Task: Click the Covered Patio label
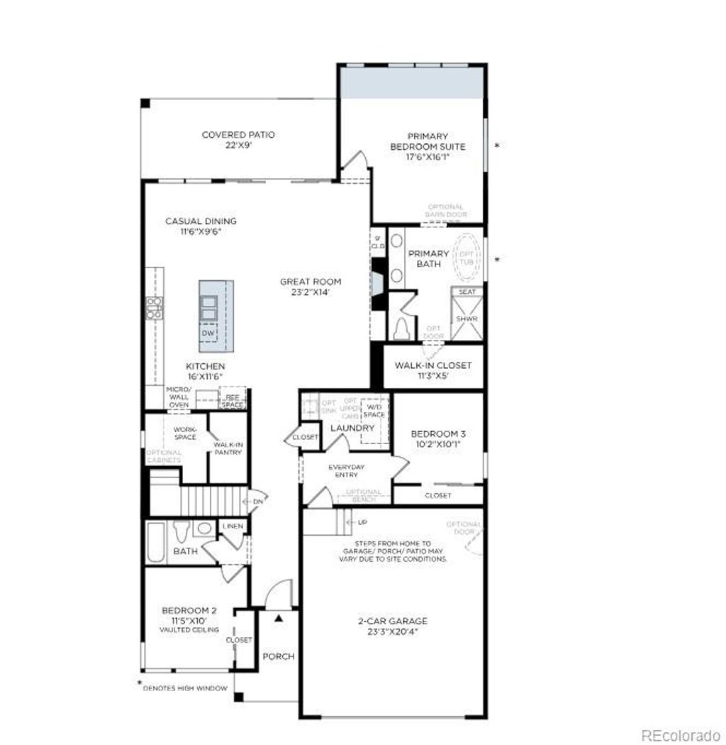(238, 135)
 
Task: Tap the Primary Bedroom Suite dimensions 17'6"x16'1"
(428, 158)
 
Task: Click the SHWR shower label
(467, 319)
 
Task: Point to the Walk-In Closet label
(432, 365)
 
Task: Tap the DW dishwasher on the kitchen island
(208, 333)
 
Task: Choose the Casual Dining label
(201, 221)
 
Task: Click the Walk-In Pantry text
(228, 448)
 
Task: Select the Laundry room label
(352, 428)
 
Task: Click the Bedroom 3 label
(438, 434)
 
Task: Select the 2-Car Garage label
(392, 621)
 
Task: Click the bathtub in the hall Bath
(156, 543)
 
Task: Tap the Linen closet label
(233, 526)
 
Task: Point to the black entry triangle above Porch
(279, 618)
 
